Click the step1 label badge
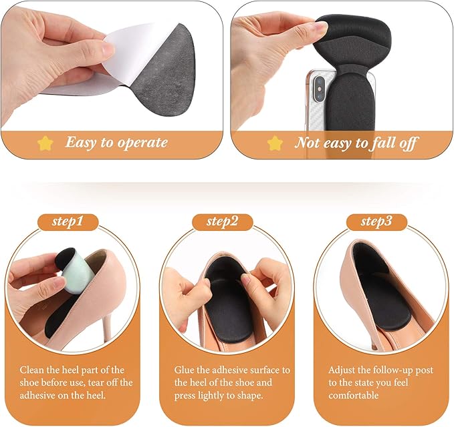tap(74, 222)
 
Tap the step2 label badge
tap(225, 222)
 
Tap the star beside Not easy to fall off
tap(275, 143)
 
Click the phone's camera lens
tap(317, 85)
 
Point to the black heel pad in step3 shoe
tap(374, 280)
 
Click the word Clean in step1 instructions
tap(33, 370)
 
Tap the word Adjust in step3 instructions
tap(343, 370)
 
